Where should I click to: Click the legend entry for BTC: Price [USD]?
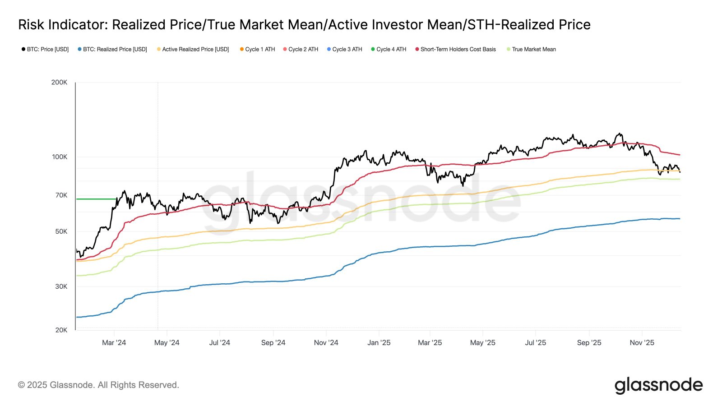tap(45, 49)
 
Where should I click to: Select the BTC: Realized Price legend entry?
tap(112, 49)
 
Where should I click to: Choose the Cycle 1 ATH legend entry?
tap(257, 49)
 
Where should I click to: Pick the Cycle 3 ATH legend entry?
tap(344, 49)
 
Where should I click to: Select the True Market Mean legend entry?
tap(531, 49)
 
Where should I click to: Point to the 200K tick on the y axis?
tap(59, 83)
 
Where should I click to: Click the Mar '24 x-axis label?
tap(114, 343)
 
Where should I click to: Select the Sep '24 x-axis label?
tap(273, 343)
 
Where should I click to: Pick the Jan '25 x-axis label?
tap(379, 343)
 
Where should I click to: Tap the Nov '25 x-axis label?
tap(642, 343)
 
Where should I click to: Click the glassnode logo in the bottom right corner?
tap(658, 385)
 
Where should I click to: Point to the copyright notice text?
tap(98, 385)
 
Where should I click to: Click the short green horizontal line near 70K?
tap(96, 199)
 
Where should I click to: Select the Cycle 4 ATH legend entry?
tap(389, 49)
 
